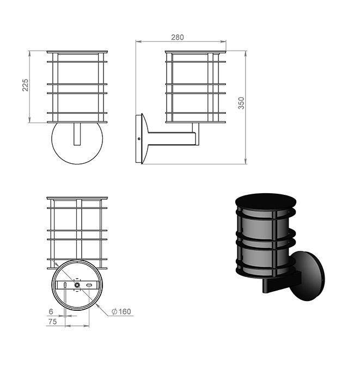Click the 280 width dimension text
click(x=178, y=37)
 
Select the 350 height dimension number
click(x=241, y=103)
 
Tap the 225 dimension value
click(x=26, y=84)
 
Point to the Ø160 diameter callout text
click(x=121, y=312)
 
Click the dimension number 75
click(x=52, y=322)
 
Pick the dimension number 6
click(x=51, y=311)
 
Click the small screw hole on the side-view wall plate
click(x=139, y=138)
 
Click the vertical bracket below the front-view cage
click(x=77, y=134)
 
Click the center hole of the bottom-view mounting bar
click(x=77, y=285)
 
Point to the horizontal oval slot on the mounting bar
click(x=89, y=285)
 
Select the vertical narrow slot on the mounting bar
click(x=65, y=285)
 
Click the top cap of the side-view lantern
click(x=195, y=52)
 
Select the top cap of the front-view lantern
click(x=77, y=52)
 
